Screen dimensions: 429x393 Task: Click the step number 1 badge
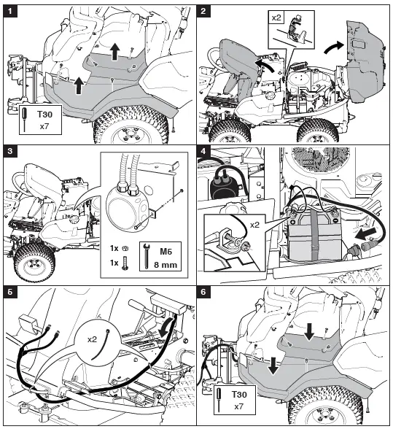tap(10, 11)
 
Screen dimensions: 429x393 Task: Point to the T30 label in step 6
tap(236, 395)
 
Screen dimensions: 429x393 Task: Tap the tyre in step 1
tap(131, 131)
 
